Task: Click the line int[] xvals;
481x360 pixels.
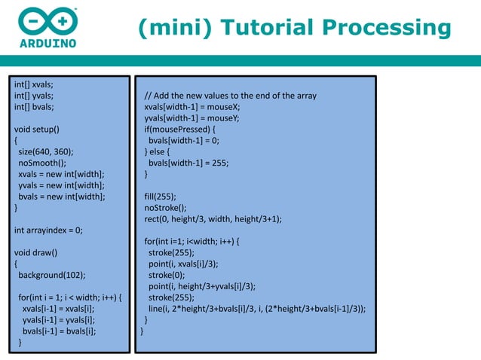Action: click(33, 84)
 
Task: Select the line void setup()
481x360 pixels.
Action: click(37, 129)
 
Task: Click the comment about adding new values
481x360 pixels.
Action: click(230, 96)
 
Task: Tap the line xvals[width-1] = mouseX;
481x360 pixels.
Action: click(191, 107)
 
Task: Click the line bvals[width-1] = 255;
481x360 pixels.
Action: click(188, 162)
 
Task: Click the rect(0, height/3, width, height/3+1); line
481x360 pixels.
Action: click(213, 218)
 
